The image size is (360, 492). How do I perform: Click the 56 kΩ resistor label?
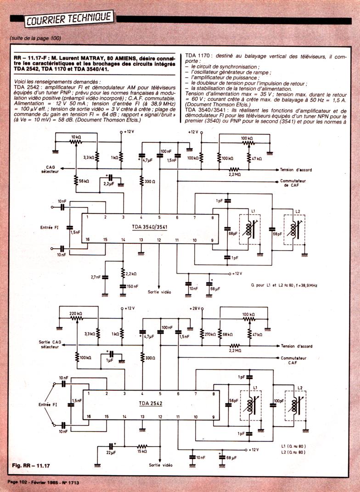tap(83, 182)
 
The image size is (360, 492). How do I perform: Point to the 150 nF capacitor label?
tap(132, 286)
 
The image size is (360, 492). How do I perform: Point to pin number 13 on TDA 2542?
tap(142, 416)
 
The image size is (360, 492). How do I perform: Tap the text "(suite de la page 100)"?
tap(35, 38)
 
